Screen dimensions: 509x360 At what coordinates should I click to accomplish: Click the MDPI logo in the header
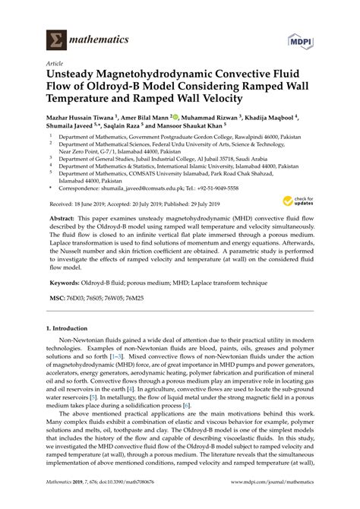(x=301, y=36)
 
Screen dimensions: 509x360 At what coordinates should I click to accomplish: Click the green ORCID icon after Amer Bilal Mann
(x=175, y=117)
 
